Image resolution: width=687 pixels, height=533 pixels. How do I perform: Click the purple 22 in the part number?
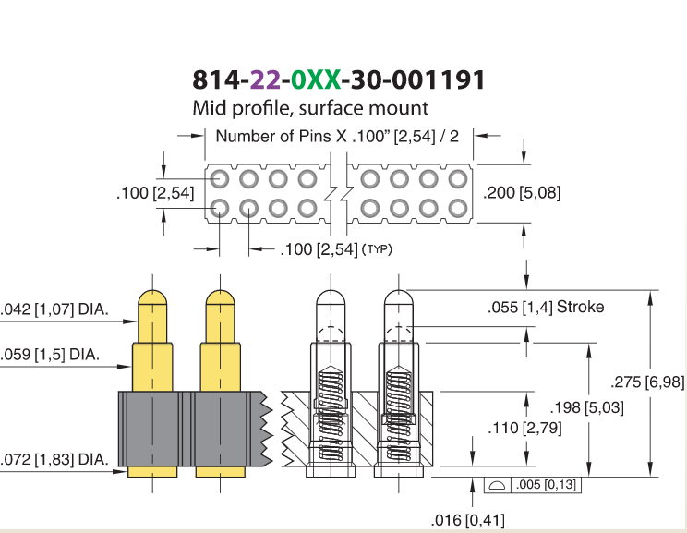[x=265, y=79]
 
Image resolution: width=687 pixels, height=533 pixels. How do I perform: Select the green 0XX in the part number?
[x=316, y=79]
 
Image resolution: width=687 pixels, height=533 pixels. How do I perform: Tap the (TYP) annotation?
[x=378, y=249]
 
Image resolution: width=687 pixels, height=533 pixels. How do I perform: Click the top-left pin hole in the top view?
[x=220, y=179]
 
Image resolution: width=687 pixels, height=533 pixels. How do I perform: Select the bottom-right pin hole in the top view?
[x=458, y=208]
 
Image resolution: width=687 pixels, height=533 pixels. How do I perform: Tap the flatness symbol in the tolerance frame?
[x=498, y=485]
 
